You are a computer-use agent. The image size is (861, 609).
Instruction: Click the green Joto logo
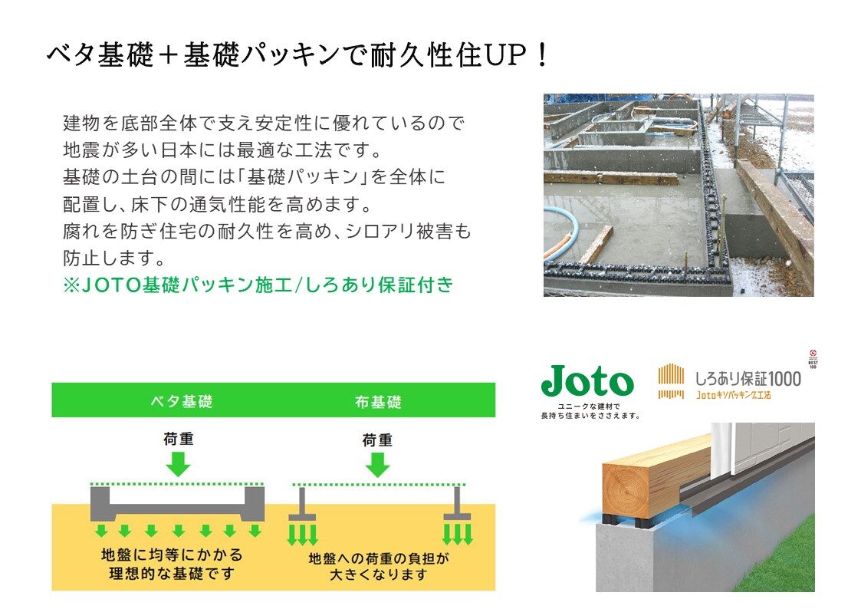click(587, 380)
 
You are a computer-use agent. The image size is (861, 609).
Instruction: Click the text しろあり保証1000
click(748, 378)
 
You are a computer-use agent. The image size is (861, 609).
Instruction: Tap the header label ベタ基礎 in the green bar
click(182, 401)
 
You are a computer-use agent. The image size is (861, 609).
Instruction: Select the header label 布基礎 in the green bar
click(378, 402)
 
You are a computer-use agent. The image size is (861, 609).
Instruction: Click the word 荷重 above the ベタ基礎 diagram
click(179, 439)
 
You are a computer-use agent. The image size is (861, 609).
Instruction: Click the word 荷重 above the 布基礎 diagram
click(377, 439)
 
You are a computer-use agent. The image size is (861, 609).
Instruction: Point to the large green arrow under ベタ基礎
click(178, 464)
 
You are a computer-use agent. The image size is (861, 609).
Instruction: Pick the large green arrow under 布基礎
click(377, 465)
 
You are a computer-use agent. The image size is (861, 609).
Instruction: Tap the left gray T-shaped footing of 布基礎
click(302, 505)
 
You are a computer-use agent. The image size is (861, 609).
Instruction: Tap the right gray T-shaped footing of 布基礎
click(458, 505)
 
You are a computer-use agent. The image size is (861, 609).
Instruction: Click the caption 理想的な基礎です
click(172, 574)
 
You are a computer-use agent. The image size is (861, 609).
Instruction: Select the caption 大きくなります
click(378, 575)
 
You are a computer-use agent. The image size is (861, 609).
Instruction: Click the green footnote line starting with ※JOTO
click(258, 285)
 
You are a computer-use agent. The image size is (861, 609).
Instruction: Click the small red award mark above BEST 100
click(813, 354)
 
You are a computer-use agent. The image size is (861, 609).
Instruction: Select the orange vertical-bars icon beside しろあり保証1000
click(671, 381)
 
